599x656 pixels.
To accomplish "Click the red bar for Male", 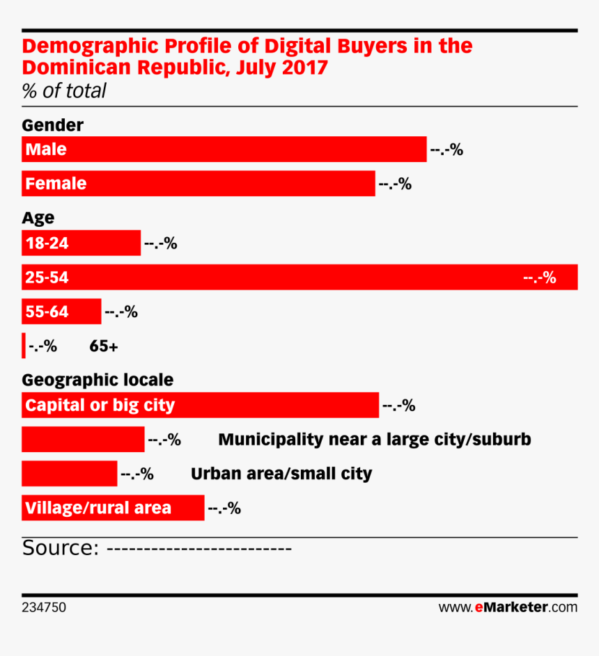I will [224, 149].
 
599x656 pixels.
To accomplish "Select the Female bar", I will [199, 184].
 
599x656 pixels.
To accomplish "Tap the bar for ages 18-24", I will [81, 243].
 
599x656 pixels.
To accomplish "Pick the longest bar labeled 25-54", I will [299, 278].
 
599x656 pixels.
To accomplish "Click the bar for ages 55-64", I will [61, 312].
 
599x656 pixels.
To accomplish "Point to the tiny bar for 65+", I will [23, 346].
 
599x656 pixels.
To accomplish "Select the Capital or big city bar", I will [200, 405].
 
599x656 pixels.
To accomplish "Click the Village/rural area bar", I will [113, 508].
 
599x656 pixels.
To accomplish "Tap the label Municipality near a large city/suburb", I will [375, 440].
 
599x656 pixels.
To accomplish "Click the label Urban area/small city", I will [281, 474].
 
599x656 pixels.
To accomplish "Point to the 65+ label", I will [104, 346].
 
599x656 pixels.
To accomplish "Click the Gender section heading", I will [53, 125].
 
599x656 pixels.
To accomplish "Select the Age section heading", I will [38, 218].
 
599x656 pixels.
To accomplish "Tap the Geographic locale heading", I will [98, 381].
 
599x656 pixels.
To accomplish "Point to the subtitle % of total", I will [64, 91].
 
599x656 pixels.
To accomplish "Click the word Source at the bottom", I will [59, 548].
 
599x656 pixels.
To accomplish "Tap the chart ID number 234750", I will [44, 607].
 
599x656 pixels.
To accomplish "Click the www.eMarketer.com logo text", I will [508, 607].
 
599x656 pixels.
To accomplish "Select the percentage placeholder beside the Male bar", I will [446, 150].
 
